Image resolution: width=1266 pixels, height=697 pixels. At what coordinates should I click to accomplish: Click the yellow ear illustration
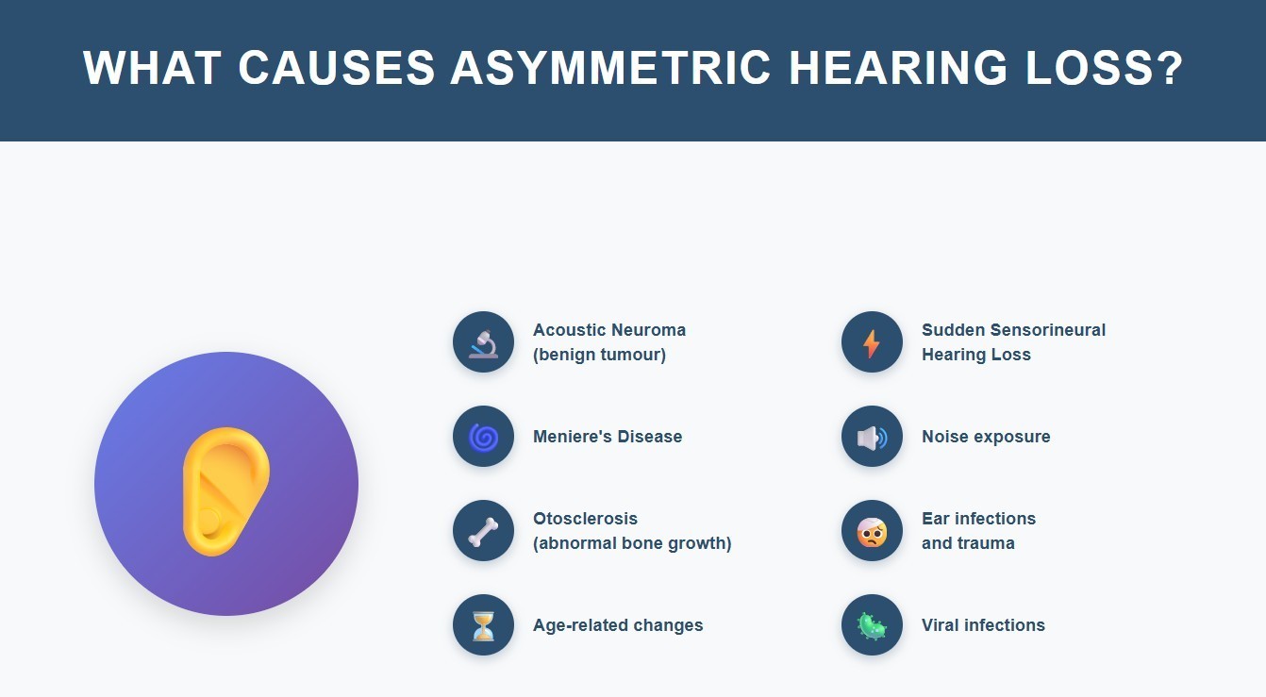[226, 490]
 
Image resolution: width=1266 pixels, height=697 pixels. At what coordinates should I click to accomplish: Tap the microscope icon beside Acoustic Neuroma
[483, 342]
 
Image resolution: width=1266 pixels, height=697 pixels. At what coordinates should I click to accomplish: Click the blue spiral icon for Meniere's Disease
[483, 437]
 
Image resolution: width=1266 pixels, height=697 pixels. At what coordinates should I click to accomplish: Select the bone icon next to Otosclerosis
[483, 531]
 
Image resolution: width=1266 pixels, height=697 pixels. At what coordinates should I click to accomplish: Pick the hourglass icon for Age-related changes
[483, 625]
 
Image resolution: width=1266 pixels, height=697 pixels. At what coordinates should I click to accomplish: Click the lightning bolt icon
[872, 342]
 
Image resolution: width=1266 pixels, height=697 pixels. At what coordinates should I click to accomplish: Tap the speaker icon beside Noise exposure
[872, 437]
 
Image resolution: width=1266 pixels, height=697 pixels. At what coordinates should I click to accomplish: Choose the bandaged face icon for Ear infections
[872, 531]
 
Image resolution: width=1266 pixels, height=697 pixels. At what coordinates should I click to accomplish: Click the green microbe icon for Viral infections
[872, 625]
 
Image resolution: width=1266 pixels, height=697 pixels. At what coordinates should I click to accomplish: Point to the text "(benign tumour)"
[599, 356]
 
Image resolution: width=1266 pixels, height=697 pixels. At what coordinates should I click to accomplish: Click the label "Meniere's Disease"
[608, 437]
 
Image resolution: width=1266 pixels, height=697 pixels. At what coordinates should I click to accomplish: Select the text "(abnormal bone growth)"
[632, 544]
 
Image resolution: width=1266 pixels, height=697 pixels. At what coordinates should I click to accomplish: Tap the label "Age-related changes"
[618, 625]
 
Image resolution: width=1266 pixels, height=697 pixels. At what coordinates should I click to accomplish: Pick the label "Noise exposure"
[986, 437]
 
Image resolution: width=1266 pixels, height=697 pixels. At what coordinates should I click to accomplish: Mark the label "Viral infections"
[983, 625]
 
